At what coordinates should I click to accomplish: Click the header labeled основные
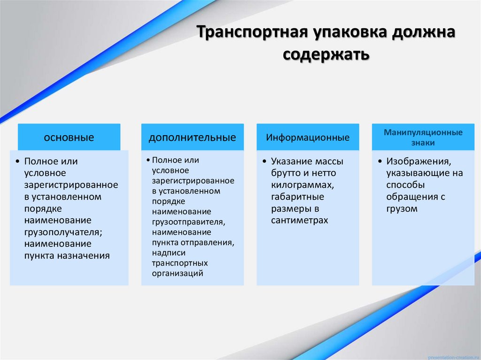[x=69, y=138]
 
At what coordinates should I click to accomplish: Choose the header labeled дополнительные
[x=193, y=138]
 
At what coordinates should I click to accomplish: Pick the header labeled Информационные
[x=308, y=138]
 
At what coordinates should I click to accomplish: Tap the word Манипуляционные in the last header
[x=423, y=132]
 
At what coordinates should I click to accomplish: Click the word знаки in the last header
[x=423, y=143]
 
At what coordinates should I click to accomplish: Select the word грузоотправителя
[x=188, y=222]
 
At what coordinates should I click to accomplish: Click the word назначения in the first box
[x=83, y=256]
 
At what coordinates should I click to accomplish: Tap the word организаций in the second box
[x=178, y=273]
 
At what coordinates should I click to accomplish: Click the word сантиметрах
[x=300, y=220]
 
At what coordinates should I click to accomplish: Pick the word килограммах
[x=303, y=185]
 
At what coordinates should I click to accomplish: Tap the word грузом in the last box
[x=402, y=209]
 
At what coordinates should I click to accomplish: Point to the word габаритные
[x=297, y=197]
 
